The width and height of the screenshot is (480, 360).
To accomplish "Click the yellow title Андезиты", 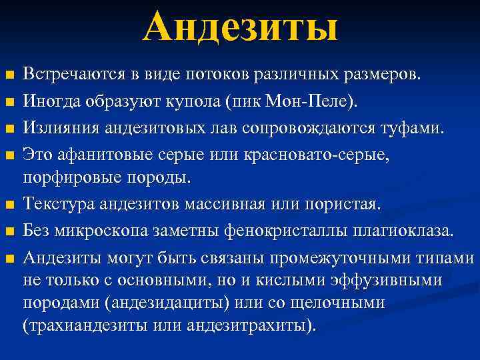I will [240, 28].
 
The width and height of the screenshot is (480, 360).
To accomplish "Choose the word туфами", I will [413, 127].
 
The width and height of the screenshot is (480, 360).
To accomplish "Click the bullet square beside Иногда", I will [9, 101].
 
